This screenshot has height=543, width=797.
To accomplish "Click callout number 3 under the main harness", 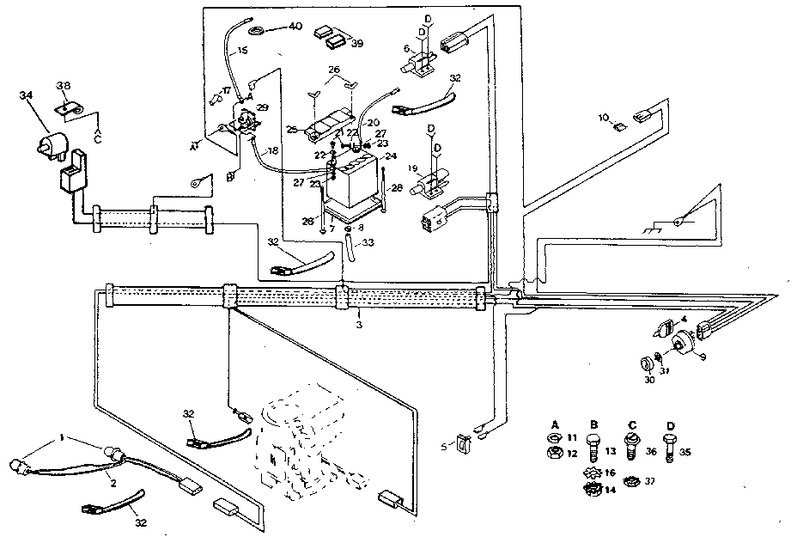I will pyautogui.click(x=358, y=326).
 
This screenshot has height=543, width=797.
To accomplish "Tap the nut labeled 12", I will pyautogui.click(x=555, y=453).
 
